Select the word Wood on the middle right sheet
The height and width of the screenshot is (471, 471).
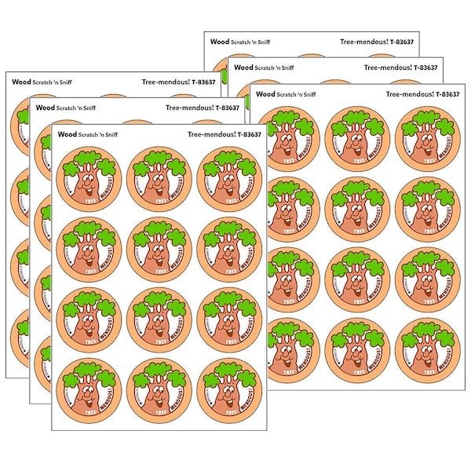point(243,68)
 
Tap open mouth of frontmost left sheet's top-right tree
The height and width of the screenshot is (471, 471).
point(224,187)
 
